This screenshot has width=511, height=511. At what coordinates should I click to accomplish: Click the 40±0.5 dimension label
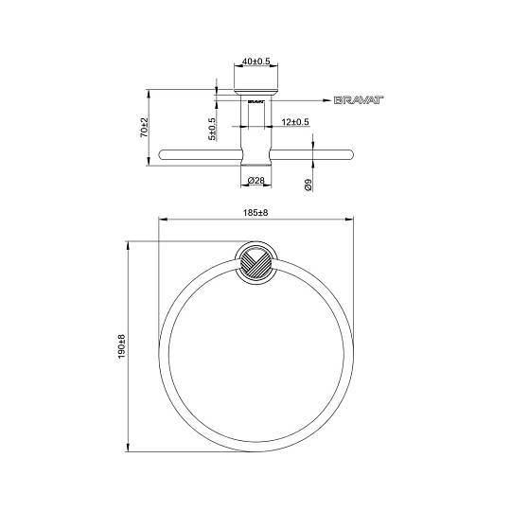(256, 62)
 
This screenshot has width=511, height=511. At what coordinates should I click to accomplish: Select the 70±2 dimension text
(144, 127)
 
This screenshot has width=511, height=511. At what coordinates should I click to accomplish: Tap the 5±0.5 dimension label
(212, 129)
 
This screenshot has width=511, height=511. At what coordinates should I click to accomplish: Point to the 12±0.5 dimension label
(295, 122)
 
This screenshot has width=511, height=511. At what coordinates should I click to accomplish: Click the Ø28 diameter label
(256, 180)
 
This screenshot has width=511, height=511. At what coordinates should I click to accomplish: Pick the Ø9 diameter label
(308, 185)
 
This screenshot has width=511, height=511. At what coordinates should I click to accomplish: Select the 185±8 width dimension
(255, 213)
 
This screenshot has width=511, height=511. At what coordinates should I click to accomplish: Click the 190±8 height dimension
(121, 346)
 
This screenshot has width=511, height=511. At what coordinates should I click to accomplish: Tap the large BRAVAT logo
(359, 100)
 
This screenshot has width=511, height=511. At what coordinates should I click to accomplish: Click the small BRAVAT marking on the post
(255, 101)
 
